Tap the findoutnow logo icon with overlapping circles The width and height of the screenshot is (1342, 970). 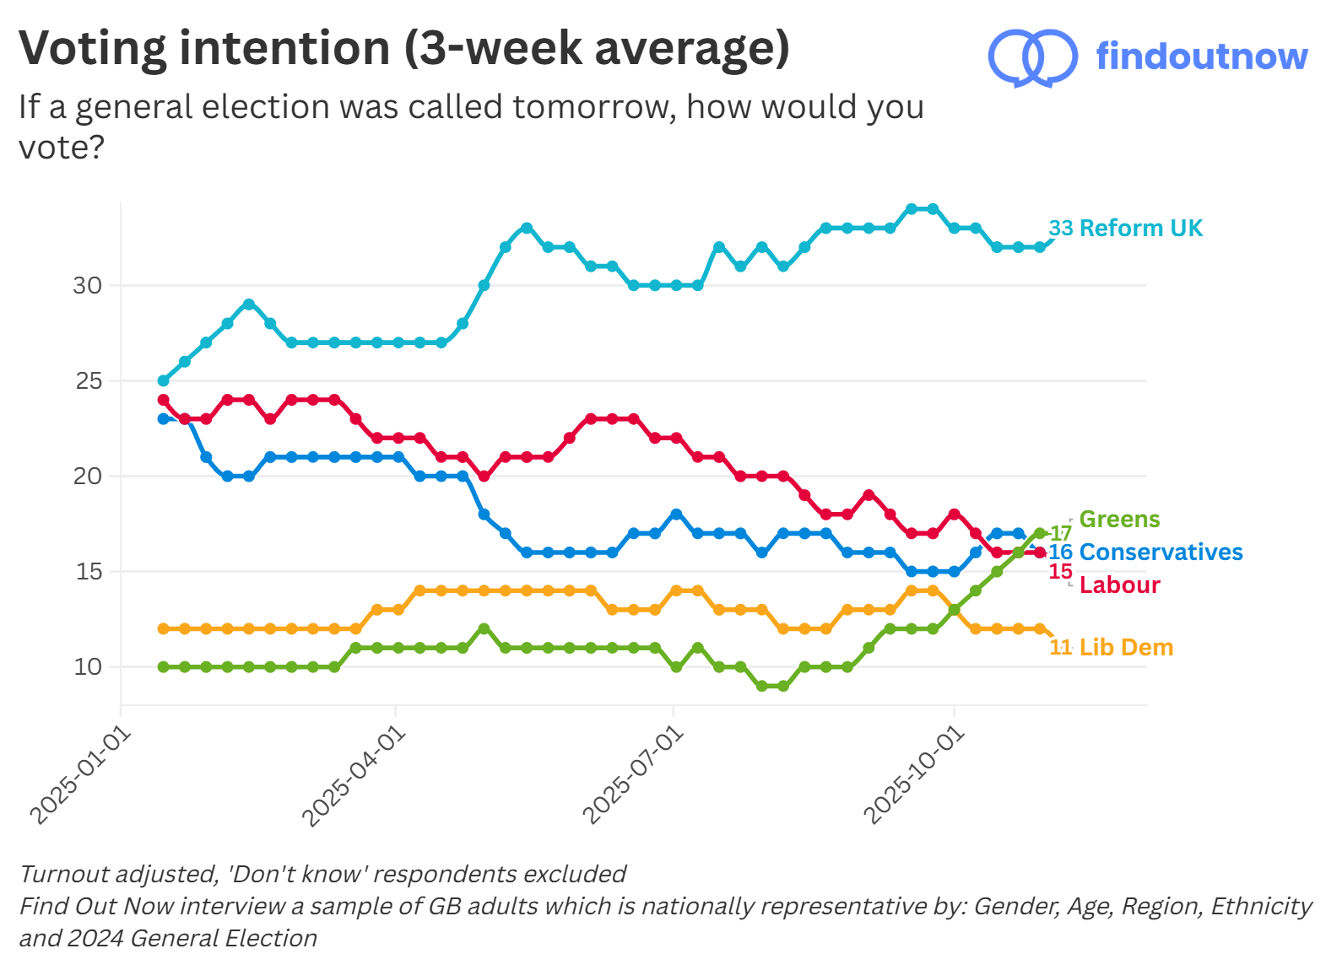pyautogui.click(x=1032, y=57)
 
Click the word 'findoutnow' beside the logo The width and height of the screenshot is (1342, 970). pyautogui.click(x=1201, y=57)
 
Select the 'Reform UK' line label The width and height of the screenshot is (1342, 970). pyautogui.click(x=1140, y=229)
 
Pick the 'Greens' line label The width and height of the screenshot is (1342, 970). pyautogui.click(x=1119, y=520)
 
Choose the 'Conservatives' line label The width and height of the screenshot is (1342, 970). pyautogui.click(x=1161, y=552)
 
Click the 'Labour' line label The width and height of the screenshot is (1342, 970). pyautogui.click(x=1119, y=585)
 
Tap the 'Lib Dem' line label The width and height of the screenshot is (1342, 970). pyautogui.click(x=1126, y=648)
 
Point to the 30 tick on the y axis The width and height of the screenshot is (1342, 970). pyautogui.click(x=87, y=286)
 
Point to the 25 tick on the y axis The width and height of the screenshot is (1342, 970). pyautogui.click(x=88, y=381)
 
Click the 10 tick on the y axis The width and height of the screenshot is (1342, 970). pyautogui.click(x=87, y=667)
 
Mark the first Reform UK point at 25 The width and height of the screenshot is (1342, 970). pyautogui.click(x=164, y=381)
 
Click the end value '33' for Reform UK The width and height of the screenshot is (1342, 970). pyautogui.click(x=1061, y=229)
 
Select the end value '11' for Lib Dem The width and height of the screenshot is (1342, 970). pyautogui.click(x=1060, y=648)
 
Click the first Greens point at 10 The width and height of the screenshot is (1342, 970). pyautogui.click(x=164, y=667)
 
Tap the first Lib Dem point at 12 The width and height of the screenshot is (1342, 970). pyautogui.click(x=164, y=629)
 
